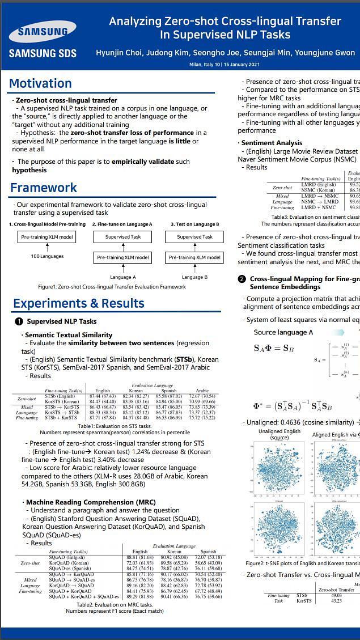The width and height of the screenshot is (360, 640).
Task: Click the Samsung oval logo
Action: pyautogui.click(x=43, y=32)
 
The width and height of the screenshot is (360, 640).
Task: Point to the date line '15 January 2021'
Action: pyautogui.click(x=242, y=65)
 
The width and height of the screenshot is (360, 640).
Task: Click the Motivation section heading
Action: pyautogui.click(x=40, y=84)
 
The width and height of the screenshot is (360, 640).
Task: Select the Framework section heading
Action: pyautogui.click(x=43, y=188)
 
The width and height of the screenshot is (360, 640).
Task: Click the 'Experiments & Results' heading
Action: pyautogui.click(x=79, y=303)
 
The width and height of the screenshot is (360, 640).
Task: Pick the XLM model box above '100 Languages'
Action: pyautogui.click(x=47, y=237)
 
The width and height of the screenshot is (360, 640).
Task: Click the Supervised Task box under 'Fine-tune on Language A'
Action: pyautogui.click(x=123, y=237)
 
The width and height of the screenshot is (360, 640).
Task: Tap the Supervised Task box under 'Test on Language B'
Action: pyautogui.click(x=194, y=237)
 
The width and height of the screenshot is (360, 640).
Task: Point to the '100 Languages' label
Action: pyautogui.click(x=47, y=257)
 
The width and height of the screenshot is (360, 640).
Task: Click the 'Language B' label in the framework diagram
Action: pyautogui.click(x=192, y=277)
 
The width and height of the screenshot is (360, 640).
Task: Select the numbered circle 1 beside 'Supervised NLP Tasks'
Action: pyautogui.click(x=19, y=321)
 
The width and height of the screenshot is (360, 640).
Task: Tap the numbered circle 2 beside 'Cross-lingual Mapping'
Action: pyautogui.click(x=242, y=279)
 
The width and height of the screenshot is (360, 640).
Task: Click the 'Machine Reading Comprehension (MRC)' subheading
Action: pyautogui.click(x=91, y=502)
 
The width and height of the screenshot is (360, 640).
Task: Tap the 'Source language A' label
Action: pyautogui.click(x=283, y=332)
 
